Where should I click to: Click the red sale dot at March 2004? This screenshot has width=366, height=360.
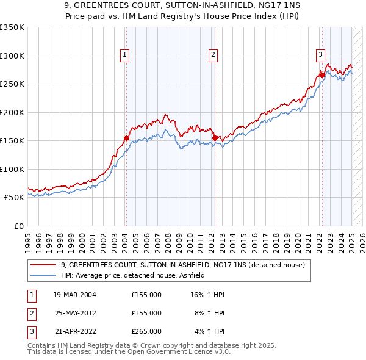tap(126, 138)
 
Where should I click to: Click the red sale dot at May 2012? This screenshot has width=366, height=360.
tap(215, 138)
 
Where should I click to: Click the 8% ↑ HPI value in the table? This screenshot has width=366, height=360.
tap(209, 313)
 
